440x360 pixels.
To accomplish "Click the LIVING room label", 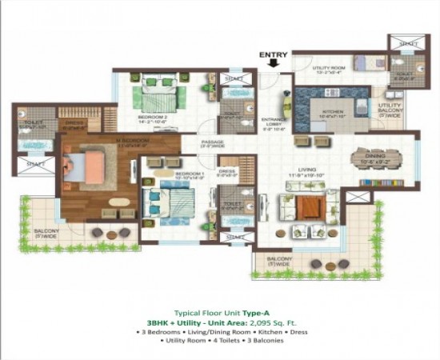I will click(x=308, y=170).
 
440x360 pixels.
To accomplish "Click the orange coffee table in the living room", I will click(x=308, y=207).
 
